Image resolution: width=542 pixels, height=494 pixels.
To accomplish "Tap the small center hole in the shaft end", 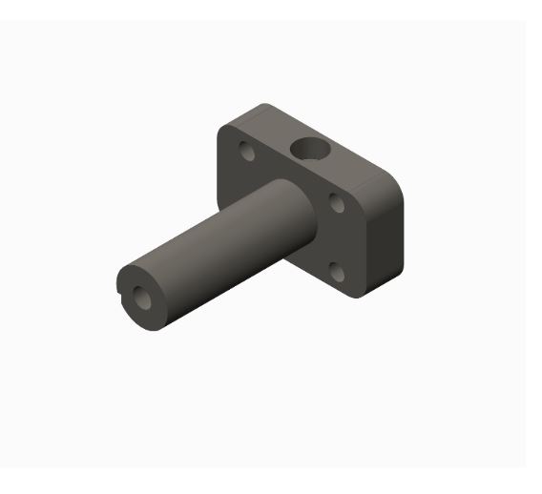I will click(141, 298).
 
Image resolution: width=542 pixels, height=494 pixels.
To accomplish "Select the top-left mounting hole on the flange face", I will click(247, 151).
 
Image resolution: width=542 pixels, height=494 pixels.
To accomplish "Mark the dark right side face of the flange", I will click(386, 238).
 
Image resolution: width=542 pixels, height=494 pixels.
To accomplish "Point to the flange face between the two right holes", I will click(336, 237).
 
